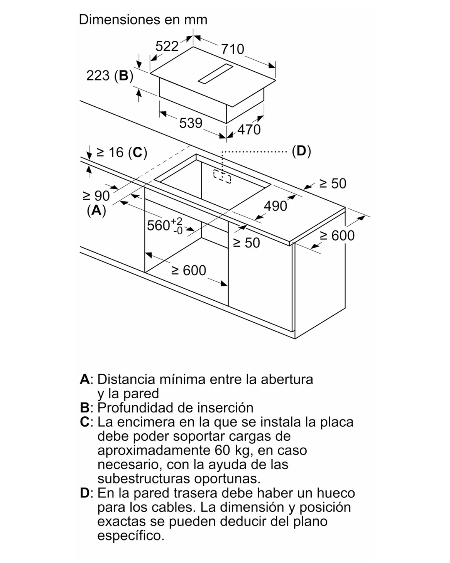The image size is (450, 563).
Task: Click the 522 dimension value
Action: [167, 47]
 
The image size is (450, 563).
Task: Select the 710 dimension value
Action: [232, 49]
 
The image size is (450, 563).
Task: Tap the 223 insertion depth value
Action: [98, 75]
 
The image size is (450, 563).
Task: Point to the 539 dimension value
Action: [190, 123]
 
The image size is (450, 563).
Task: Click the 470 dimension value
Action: [249, 130]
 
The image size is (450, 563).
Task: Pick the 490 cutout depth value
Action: [275, 206]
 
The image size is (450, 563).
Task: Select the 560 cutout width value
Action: [158, 226]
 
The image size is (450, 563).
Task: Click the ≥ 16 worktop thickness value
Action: [110, 152]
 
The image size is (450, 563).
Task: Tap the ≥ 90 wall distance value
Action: [96, 196]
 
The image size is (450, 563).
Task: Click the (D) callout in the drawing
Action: [302, 151]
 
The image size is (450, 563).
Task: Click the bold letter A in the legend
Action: [85, 379]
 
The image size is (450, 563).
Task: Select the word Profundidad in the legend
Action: [135, 408]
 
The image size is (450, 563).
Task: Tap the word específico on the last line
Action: [131, 536]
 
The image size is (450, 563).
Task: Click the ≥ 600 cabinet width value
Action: [188, 270]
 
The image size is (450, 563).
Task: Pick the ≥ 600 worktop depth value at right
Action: [337, 236]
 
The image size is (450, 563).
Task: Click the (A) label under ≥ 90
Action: [97, 210]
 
